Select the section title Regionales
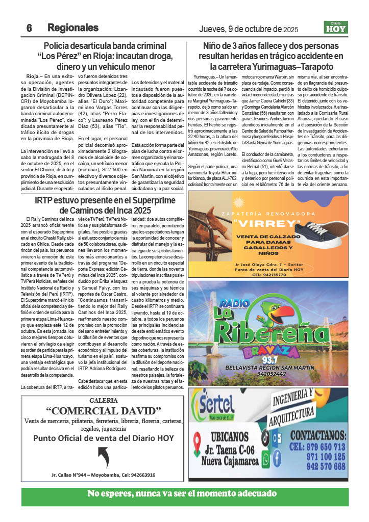(x=73, y=28)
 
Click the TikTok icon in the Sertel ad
(x=265, y=437)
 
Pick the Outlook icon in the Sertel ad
(x=277, y=437)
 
